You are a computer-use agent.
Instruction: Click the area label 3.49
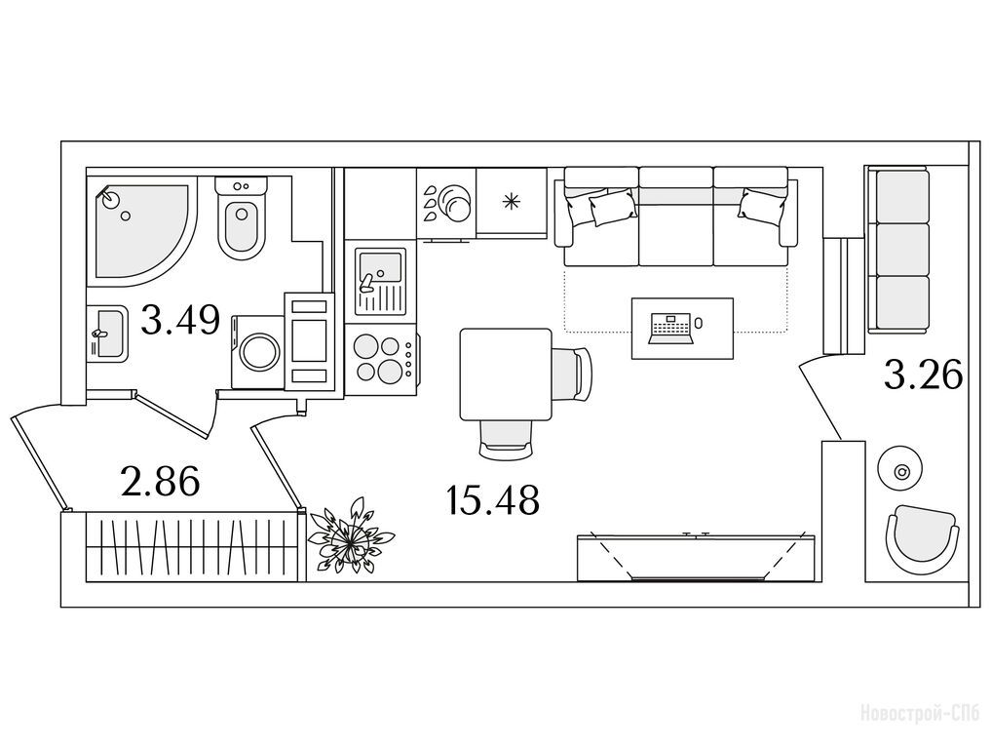[x=180, y=320]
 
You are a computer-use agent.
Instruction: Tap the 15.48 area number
[x=492, y=499]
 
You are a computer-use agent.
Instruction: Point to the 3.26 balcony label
[x=923, y=374]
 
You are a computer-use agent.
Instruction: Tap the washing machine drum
[x=259, y=352]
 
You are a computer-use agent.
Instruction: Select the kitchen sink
[x=380, y=282]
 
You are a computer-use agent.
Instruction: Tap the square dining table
[x=507, y=374]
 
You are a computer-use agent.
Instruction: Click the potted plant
[x=350, y=536]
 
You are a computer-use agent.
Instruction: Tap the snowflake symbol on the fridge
[x=511, y=201]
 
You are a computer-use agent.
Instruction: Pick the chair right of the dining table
[x=573, y=374]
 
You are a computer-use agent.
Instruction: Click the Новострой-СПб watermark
[x=921, y=715]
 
